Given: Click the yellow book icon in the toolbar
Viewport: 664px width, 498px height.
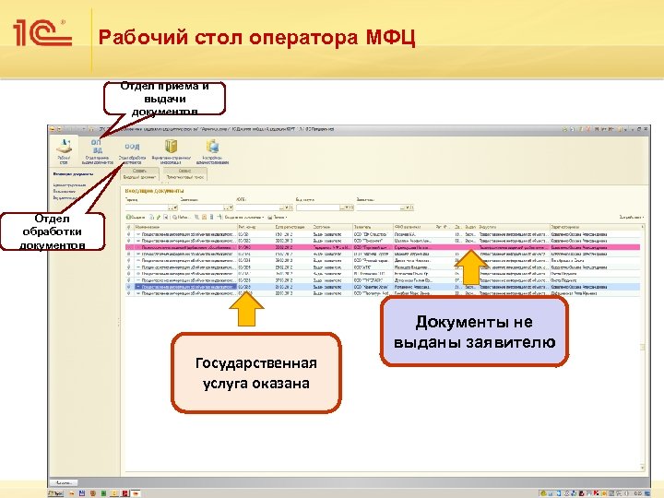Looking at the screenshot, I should [x=171, y=148].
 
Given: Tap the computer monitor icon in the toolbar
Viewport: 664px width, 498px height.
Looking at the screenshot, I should [x=212, y=148].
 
